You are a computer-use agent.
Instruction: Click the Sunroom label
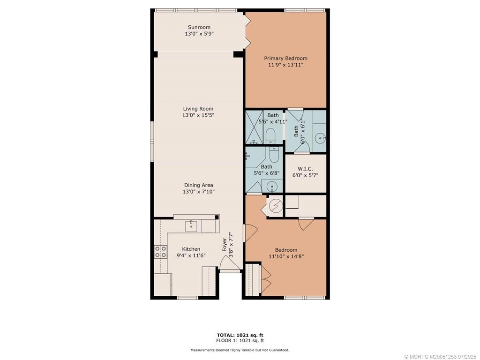199,27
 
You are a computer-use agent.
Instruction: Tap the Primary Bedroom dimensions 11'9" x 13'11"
285,65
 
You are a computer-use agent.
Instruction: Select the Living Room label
198,109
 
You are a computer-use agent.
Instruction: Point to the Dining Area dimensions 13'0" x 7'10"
198,192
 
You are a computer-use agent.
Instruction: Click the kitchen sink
191,226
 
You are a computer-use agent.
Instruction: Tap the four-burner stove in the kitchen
161,252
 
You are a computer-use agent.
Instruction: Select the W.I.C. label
305,169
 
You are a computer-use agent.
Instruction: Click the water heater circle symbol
275,205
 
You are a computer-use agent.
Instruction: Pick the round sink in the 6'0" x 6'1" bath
320,138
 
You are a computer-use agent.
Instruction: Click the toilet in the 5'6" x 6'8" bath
275,153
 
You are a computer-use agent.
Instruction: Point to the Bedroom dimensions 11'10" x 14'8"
286,256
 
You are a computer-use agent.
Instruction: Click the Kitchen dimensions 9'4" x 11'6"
191,255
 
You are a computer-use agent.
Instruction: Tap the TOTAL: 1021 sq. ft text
240,335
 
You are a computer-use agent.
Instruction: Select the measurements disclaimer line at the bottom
240,350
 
